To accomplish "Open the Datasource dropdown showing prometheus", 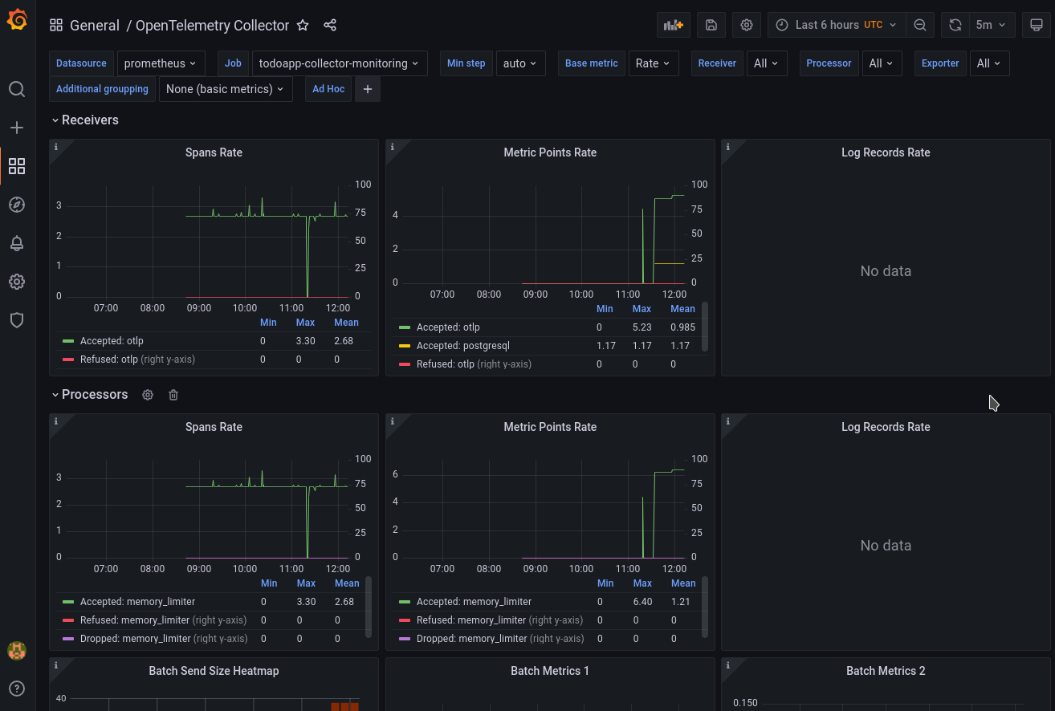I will pyautogui.click(x=161, y=63).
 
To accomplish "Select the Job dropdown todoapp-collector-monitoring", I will pyautogui.click(x=340, y=63).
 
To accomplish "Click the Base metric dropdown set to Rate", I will pyautogui.click(x=653, y=63).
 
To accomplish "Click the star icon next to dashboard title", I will pyautogui.click(x=303, y=25).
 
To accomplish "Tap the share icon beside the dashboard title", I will pyautogui.click(x=330, y=25).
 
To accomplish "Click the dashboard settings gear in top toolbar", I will pyautogui.click(x=747, y=25).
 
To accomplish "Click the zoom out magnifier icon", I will pyautogui.click(x=920, y=25).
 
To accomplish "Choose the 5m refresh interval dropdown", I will pyautogui.click(x=991, y=25).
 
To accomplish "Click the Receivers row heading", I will pyautogui.click(x=90, y=120).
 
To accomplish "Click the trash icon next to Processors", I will pyautogui.click(x=173, y=395).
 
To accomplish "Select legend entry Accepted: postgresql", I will pyautogui.click(x=462, y=346).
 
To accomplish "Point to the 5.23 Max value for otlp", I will pyautogui.click(x=642, y=327).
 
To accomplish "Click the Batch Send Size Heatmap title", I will pyautogui.click(x=214, y=671).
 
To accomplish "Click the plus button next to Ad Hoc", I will pyautogui.click(x=368, y=89).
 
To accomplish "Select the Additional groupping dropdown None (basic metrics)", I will pyautogui.click(x=226, y=89).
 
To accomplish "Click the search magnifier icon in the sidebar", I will pyautogui.click(x=17, y=89).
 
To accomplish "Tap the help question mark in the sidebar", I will pyautogui.click(x=17, y=689).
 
